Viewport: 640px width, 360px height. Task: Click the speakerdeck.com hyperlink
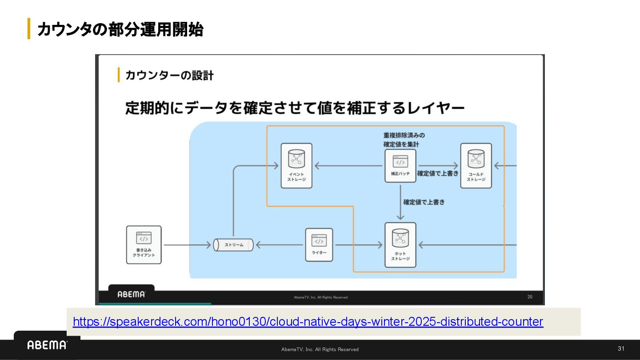coord(308,322)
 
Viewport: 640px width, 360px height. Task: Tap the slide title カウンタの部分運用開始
coord(120,30)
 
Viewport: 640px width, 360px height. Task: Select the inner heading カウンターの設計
coord(169,75)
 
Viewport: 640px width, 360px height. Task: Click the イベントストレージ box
coord(296,165)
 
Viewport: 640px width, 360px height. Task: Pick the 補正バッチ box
coord(400,165)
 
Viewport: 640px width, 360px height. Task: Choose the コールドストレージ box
coord(476,165)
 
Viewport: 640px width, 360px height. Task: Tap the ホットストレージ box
coord(400,244)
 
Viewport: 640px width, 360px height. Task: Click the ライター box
coord(319,244)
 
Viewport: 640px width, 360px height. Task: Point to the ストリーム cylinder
coord(233,245)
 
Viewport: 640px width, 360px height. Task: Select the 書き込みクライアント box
coord(144,244)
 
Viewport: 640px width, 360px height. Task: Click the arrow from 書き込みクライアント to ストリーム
coord(187,245)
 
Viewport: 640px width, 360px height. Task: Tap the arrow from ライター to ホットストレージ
coord(358,245)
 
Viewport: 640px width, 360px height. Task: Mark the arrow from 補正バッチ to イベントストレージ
coord(349,166)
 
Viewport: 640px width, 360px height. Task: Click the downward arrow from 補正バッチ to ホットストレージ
coord(400,202)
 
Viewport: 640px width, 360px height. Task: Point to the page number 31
coord(621,348)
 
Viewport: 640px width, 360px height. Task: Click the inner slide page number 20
coord(530,296)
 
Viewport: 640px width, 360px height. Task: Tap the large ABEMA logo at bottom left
coord(47,345)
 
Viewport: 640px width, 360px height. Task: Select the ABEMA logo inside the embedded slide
coord(131,294)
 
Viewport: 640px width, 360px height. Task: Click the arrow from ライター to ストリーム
coord(280,245)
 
